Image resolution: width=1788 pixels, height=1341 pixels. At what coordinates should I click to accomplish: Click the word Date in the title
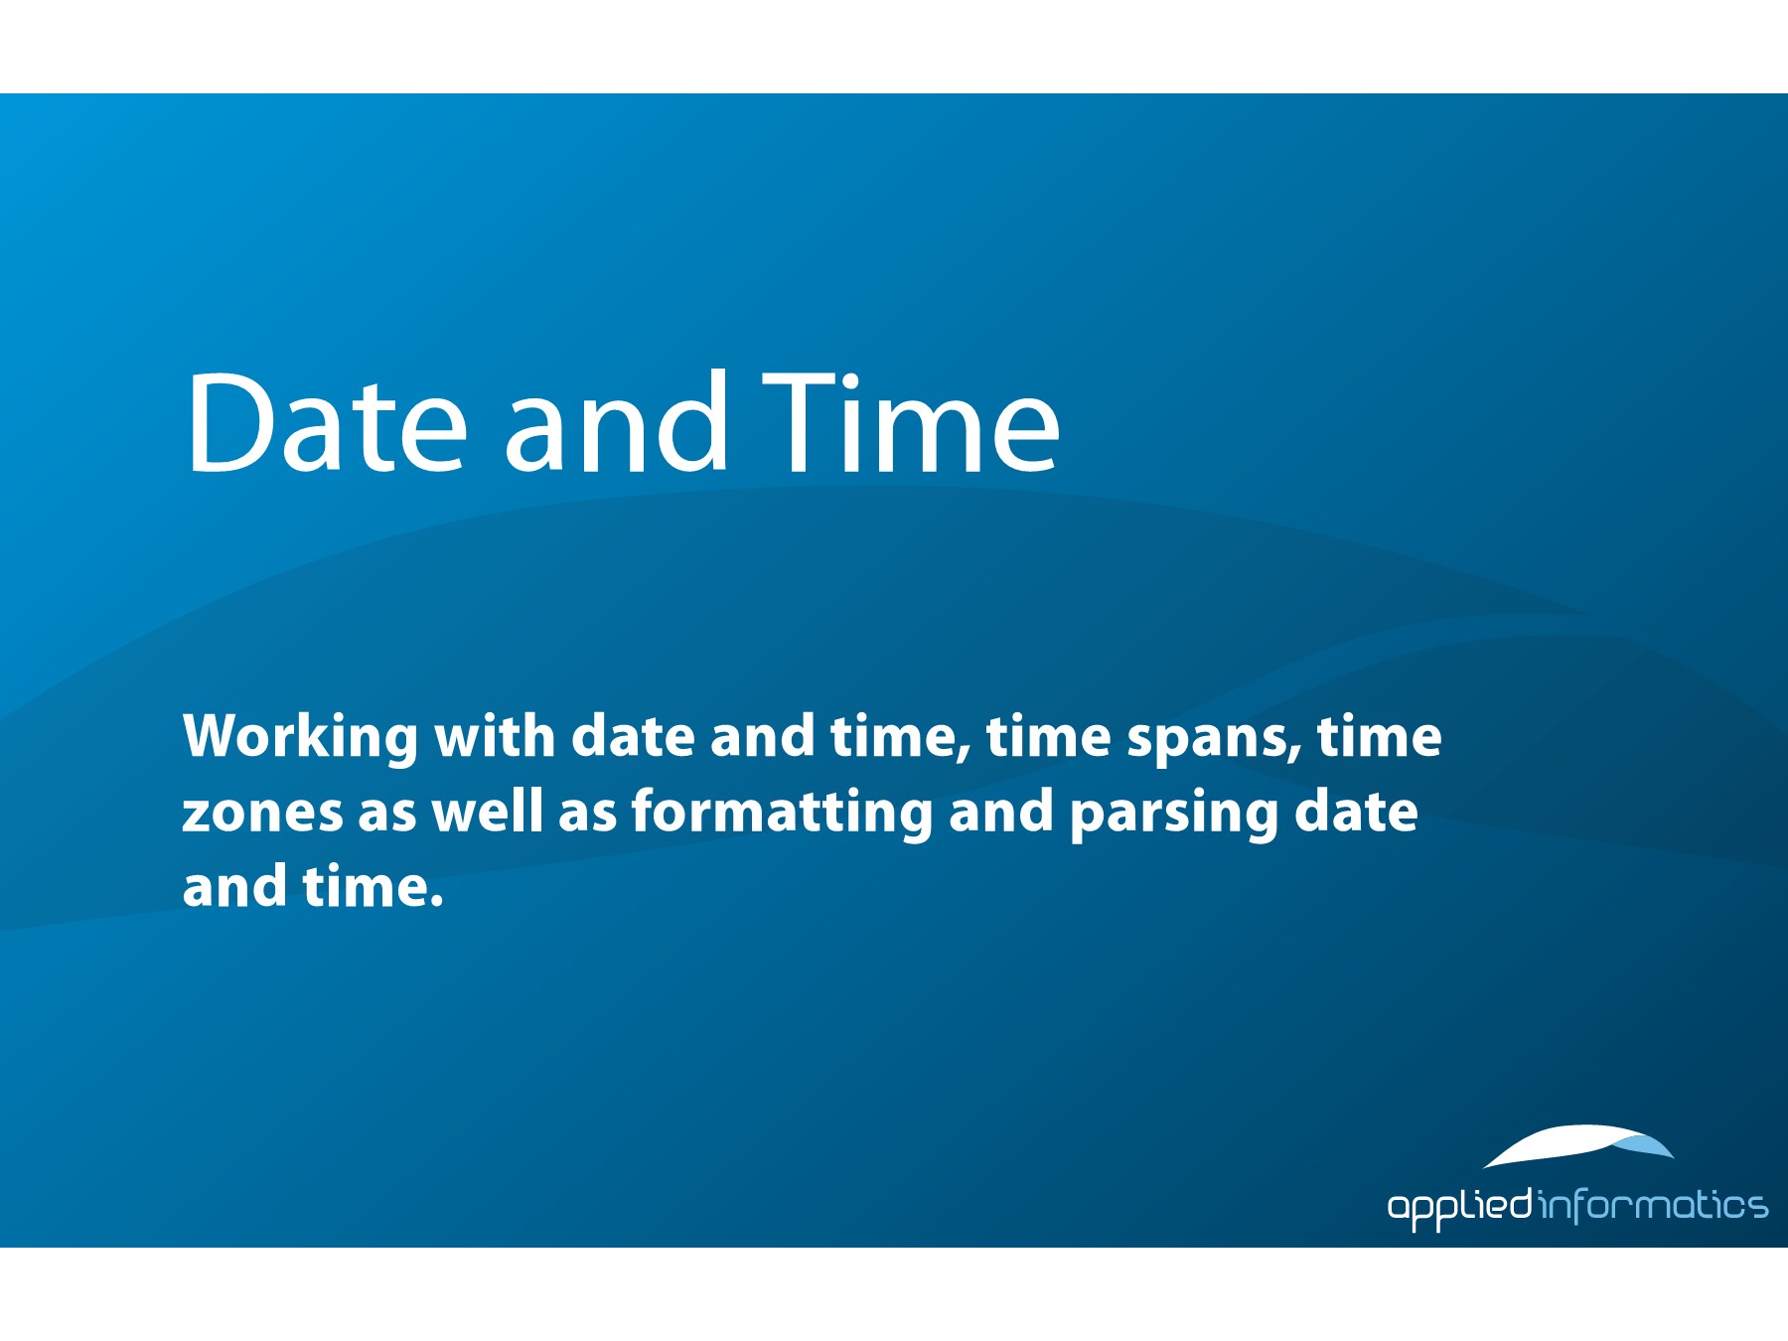[325, 422]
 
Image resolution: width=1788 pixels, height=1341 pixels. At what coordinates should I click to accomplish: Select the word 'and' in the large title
[616, 421]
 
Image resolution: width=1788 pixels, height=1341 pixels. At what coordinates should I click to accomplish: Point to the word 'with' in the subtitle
[494, 736]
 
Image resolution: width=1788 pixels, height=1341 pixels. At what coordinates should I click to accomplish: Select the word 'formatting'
[782, 813]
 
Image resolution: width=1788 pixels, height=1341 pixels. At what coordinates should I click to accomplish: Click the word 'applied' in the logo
[1459, 1206]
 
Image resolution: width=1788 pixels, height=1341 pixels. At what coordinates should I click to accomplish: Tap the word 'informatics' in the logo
[1653, 1206]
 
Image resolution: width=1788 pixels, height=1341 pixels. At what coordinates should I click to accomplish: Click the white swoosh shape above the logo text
[1578, 1144]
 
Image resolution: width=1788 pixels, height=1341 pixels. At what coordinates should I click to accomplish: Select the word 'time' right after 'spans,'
[1379, 736]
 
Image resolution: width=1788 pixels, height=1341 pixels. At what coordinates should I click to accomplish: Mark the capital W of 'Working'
[214, 736]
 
